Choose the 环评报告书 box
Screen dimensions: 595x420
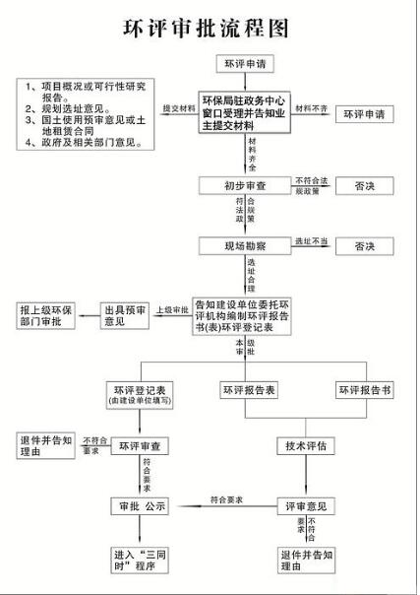pos(365,390)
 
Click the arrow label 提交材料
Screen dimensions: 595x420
pos(177,107)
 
